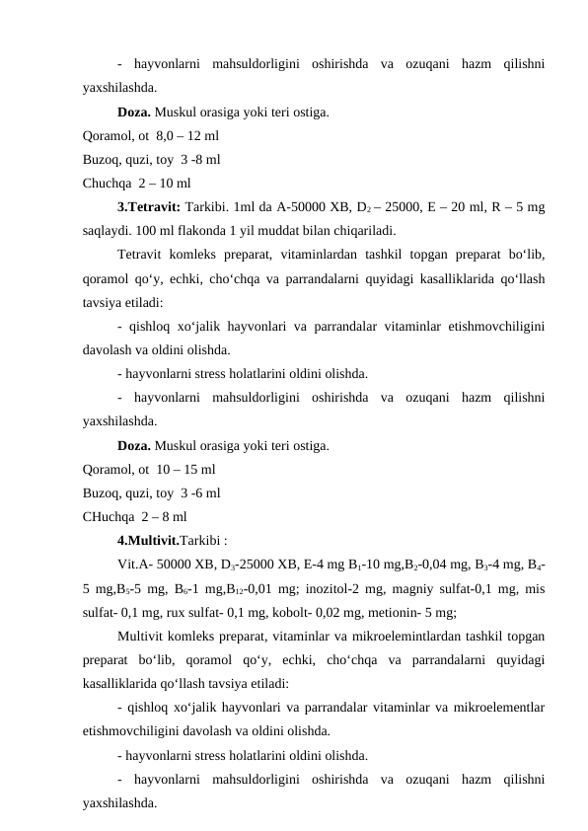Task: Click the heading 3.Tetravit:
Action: click(146, 207)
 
